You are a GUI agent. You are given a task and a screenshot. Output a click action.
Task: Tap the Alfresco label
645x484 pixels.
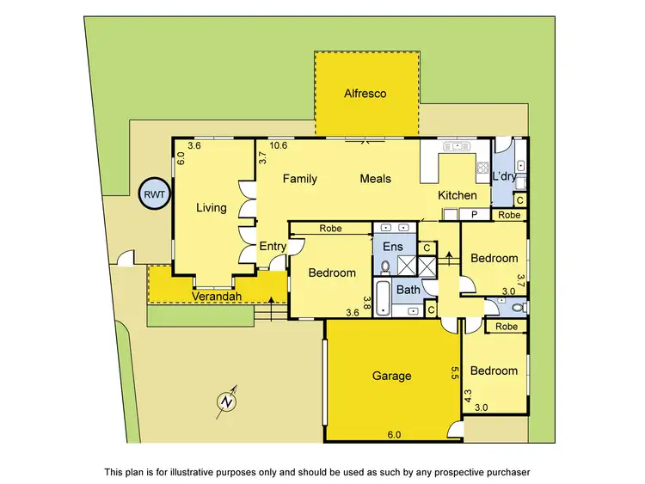pyautogui.click(x=365, y=93)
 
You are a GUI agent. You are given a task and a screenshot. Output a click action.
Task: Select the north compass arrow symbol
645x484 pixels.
pyautogui.click(x=226, y=401)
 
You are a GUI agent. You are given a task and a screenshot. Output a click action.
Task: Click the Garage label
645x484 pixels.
pyautogui.click(x=391, y=376)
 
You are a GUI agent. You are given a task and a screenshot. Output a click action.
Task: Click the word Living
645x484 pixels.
pyautogui.click(x=211, y=207)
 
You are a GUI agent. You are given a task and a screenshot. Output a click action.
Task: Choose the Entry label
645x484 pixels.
pyautogui.click(x=273, y=247)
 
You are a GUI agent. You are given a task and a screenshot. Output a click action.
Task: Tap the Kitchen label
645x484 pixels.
pyautogui.click(x=458, y=196)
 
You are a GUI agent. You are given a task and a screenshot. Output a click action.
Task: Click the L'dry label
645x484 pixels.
pyautogui.click(x=504, y=176)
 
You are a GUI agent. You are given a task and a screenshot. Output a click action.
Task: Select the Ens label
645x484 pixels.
pyautogui.click(x=392, y=248)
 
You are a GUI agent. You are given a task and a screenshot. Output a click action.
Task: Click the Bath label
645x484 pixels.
pyautogui.click(x=408, y=290)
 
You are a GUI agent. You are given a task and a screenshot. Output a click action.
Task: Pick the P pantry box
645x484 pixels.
pyautogui.click(x=473, y=214)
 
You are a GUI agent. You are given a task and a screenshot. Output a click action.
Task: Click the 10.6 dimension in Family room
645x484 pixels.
pyautogui.click(x=278, y=146)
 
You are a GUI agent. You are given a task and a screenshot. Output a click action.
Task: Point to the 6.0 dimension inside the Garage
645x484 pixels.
pyautogui.click(x=394, y=435)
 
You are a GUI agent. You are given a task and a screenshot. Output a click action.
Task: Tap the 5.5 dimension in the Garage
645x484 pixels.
pyautogui.click(x=453, y=372)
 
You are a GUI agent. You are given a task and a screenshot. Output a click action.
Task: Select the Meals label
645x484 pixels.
pyautogui.click(x=375, y=179)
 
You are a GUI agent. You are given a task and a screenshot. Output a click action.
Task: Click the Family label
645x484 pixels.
pyautogui.click(x=301, y=179)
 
